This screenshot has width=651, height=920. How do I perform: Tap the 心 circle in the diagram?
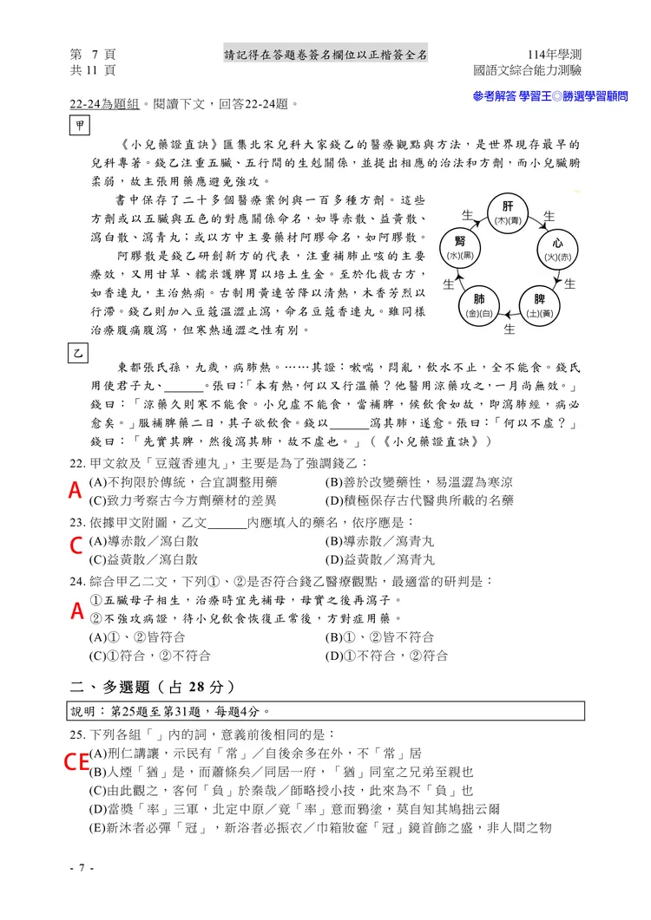click(557, 249)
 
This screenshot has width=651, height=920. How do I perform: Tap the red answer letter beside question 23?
click(76, 545)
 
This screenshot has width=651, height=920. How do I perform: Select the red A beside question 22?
click(76, 491)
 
